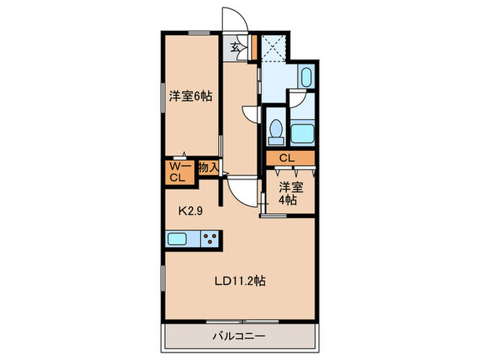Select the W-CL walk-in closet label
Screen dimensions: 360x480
coord(178,172)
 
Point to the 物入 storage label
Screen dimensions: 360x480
coord(208,167)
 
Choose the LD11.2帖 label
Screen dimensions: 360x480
coord(240,280)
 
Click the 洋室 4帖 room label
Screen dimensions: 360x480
coord(288,193)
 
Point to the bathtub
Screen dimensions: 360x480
coord(302,132)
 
